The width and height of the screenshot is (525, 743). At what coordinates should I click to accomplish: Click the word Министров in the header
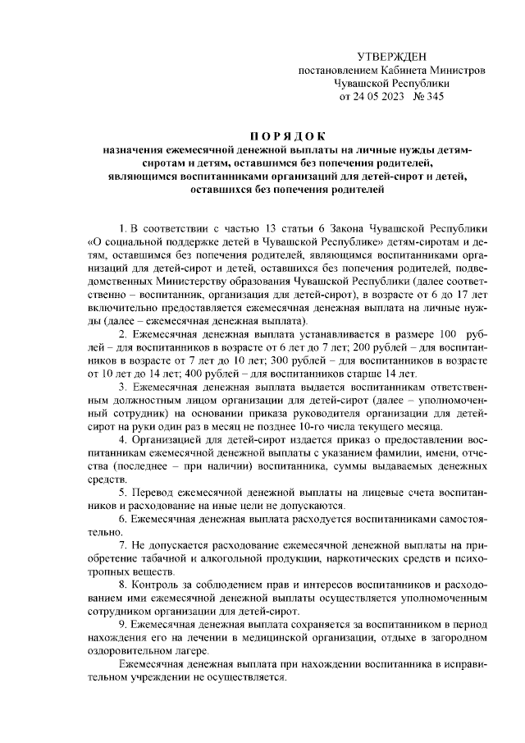coord(461,70)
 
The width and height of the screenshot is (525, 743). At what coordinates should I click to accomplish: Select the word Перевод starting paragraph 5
coord(155,492)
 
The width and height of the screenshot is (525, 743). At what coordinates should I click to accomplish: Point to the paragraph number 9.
coord(122,623)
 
